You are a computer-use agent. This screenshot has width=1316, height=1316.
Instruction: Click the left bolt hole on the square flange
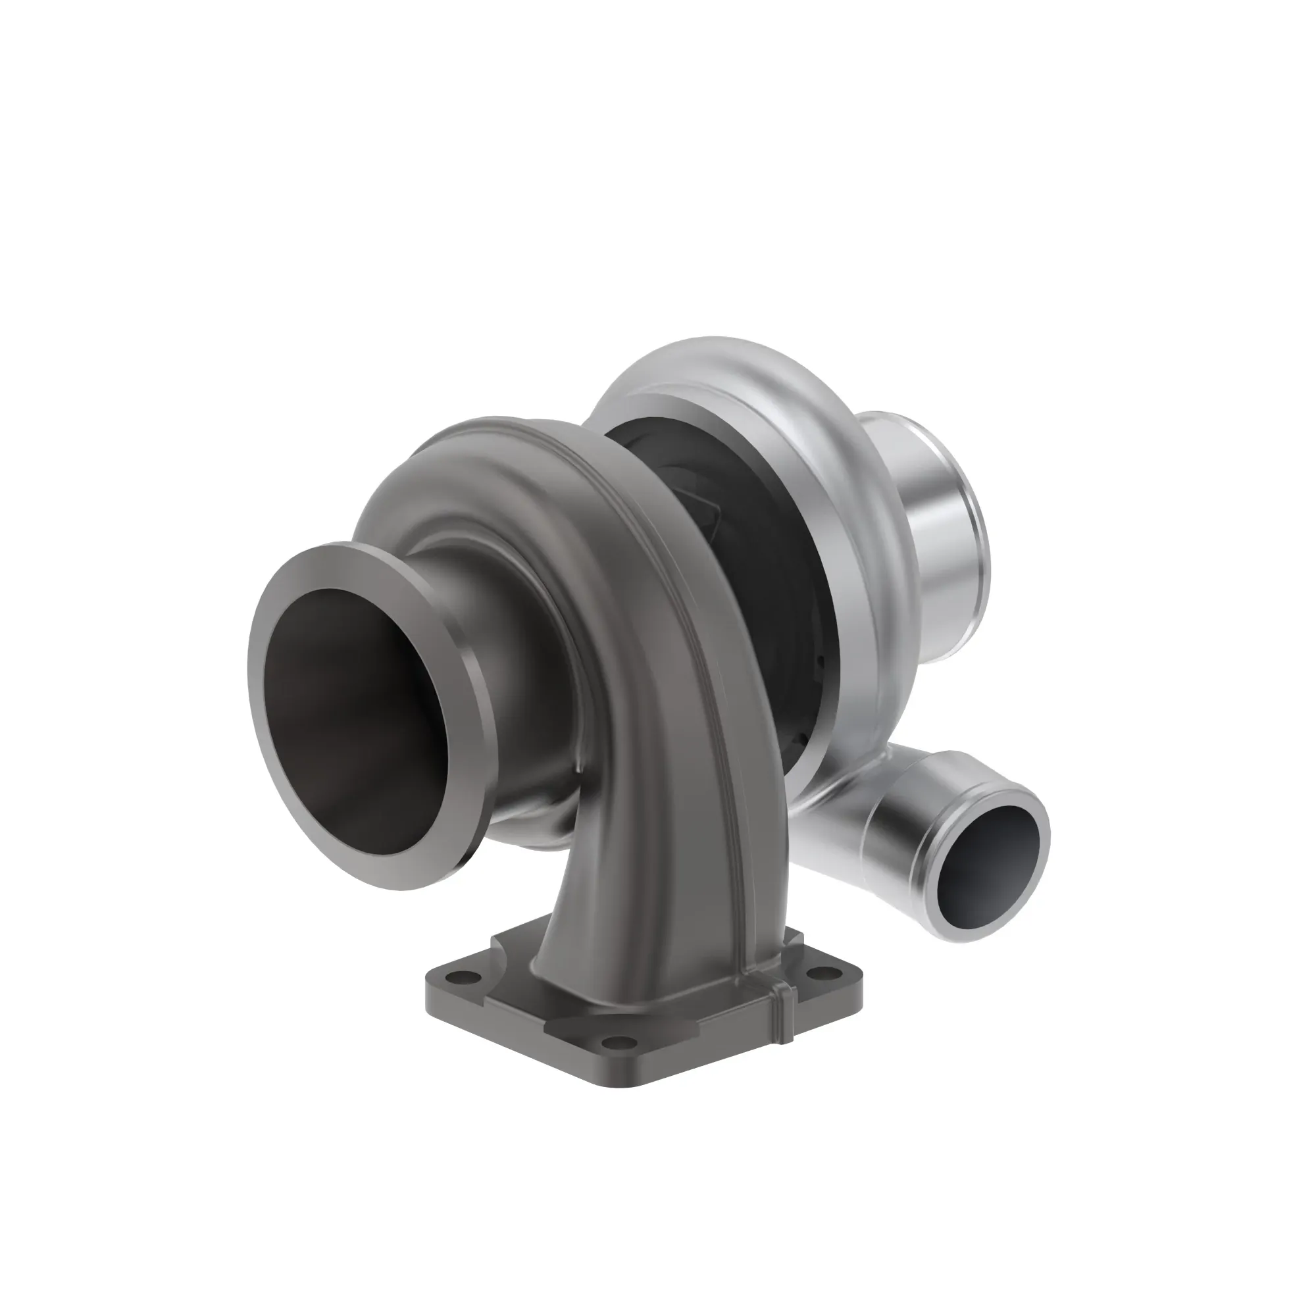click(x=467, y=976)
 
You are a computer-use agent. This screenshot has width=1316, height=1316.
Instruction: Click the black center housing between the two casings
click(x=736, y=518)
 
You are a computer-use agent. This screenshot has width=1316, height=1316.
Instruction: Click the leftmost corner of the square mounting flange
click(x=429, y=994)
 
